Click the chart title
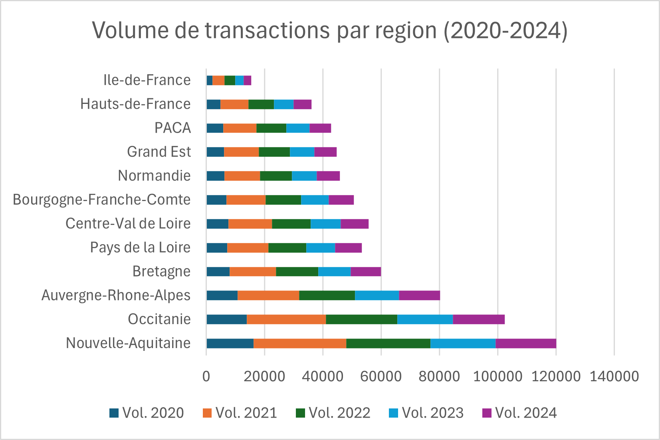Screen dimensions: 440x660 tap(330, 30)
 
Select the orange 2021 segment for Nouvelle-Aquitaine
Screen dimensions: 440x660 tap(300, 343)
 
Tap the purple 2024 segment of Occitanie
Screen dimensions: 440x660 tap(478, 319)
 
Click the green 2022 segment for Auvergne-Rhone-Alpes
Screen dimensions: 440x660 tap(327, 295)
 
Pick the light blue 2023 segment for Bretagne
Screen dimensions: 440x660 tap(334, 272)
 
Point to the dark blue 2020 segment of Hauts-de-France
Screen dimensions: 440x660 tap(213, 104)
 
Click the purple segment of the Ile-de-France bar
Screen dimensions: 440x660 tap(247, 80)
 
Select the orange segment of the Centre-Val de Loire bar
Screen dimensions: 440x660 tap(250, 224)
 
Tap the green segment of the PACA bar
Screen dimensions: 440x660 tap(271, 128)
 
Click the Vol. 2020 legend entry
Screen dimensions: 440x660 tap(147, 413)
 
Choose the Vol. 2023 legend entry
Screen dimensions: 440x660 tap(426, 413)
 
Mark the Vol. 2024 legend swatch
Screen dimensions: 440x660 tap(487, 413)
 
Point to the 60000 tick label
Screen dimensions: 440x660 tap(381, 376)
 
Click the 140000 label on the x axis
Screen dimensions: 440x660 tap(614, 376)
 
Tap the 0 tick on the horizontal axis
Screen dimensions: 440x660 tap(206, 376)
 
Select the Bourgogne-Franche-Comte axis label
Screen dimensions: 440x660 tap(101, 199)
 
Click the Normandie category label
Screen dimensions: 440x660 tap(154, 175)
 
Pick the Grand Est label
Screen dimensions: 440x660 tap(159, 152)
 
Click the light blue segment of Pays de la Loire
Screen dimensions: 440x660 tap(320, 248)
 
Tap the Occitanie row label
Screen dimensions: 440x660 tap(159, 319)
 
